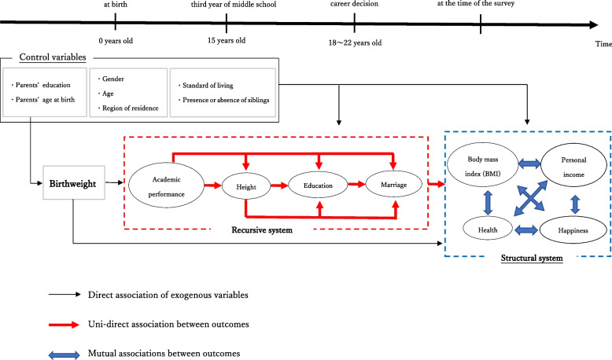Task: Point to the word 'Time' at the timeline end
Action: [x=602, y=45]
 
